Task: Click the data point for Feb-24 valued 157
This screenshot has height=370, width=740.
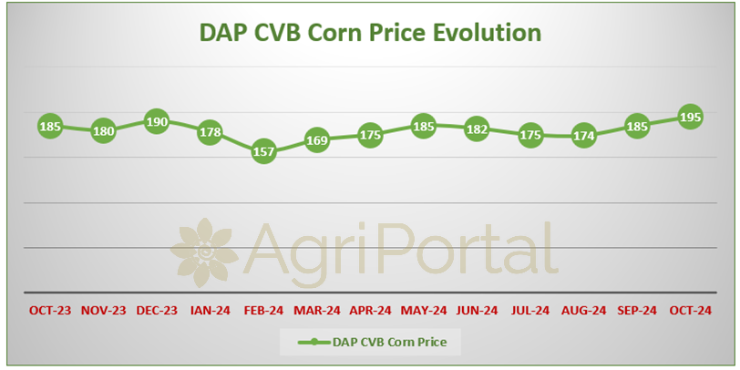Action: (263, 151)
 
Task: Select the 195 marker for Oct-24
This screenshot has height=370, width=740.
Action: (690, 117)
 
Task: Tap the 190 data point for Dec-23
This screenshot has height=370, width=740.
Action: (157, 122)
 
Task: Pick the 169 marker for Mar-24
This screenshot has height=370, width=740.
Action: (316, 140)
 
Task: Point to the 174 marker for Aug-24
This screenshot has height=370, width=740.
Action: (583, 136)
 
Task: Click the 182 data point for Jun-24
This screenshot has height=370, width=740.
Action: (477, 128)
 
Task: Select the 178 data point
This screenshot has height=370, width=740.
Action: (210, 133)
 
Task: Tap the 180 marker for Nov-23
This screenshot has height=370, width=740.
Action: (103, 130)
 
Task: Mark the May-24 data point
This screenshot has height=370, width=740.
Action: (424, 126)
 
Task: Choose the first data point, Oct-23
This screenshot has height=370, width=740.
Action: (50, 126)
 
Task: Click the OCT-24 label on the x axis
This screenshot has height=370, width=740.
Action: (691, 311)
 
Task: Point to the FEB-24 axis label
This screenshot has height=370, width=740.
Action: (263, 311)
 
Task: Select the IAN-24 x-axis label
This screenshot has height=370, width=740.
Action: (210, 311)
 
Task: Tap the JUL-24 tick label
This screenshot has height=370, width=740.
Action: (530, 311)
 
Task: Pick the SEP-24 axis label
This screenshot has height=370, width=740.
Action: (637, 311)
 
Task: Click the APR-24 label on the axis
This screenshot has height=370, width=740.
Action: (371, 311)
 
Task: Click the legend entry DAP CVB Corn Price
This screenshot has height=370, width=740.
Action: (373, 342)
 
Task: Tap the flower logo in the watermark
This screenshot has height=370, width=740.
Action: (204, 253)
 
